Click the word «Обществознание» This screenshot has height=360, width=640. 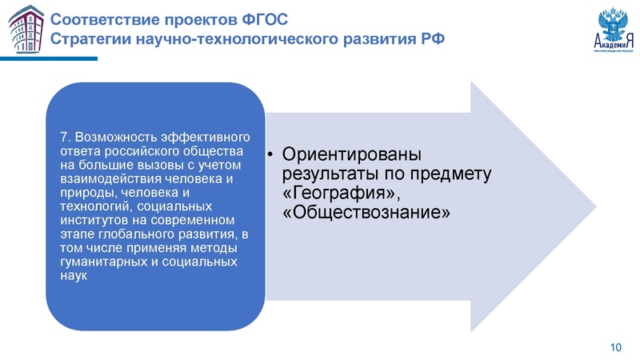click(x=361, y=213)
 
